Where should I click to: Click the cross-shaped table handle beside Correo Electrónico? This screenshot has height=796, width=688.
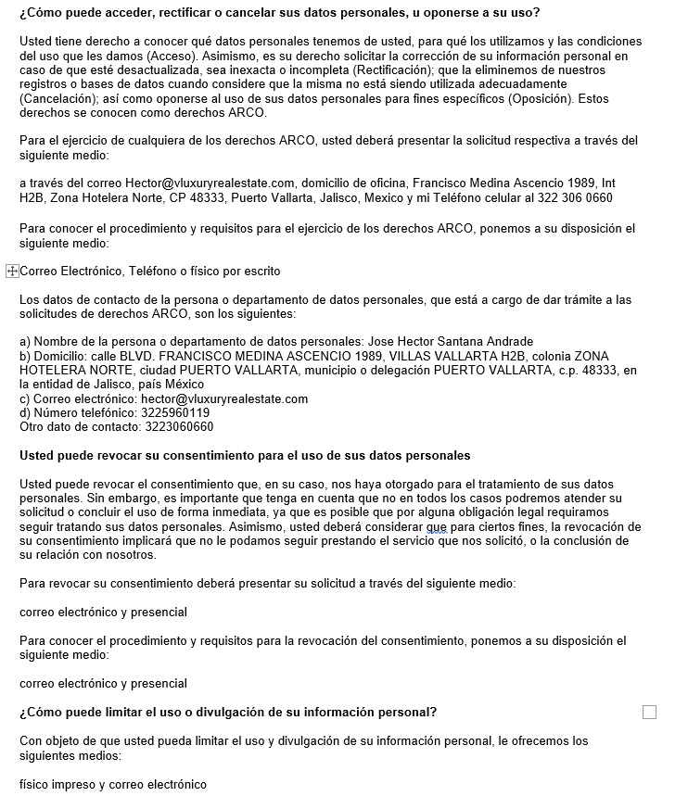coord(12,272)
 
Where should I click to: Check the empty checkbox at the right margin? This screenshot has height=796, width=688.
coord(649,712)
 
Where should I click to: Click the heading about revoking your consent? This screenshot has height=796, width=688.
coord(245,456)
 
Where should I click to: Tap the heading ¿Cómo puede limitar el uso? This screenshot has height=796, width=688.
coord(228,712)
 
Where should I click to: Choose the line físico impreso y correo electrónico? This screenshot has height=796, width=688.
coord(113,784)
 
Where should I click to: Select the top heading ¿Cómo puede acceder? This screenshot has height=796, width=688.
coord(279,13)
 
